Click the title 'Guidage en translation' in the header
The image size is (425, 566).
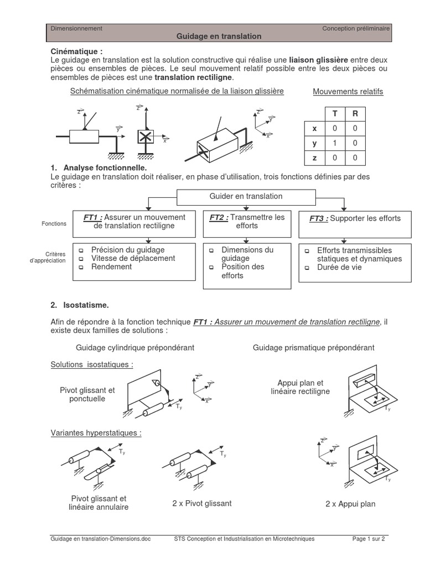[x=219, y=36]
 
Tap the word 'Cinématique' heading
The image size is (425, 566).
[x=76, y=51]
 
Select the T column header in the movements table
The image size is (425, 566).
[x=334, y=114]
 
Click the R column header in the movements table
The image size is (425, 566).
[x=355, y=114]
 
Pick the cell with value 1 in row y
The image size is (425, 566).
[x=334, y=143]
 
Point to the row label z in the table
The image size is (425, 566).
[x=314, y=158]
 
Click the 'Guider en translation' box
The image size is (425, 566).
[x=246, y=196]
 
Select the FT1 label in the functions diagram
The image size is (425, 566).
[x=93, y=217]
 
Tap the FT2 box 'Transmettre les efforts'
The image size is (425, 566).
[x=247, y=222]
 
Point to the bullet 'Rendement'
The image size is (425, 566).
[x=112, y=267]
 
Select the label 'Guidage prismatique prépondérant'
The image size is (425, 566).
[x=313, y=348]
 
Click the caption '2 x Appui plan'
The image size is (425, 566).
[x=350, y=504]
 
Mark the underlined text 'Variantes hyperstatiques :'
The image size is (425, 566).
[x=96, y=433]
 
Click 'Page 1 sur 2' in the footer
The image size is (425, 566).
[x=369, y=539]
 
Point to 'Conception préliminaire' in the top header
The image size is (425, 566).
[x=356, y=28]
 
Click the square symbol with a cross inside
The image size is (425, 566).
[x=146, y=137]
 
